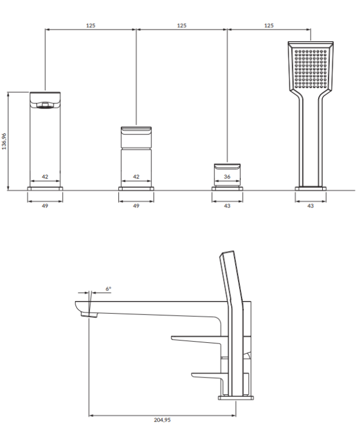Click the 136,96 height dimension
tap(4, 142)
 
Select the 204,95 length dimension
tap(162, 420)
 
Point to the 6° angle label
tap(108, 288)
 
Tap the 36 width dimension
tap(227, 177)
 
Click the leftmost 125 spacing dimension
tap(91, 26)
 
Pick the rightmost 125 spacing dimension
tap(269, 26)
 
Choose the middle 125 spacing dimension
tap(182, 26)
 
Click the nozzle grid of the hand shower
tap(310, 67)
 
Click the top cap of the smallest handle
tap(227, 166)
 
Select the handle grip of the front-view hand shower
tap(310, 139)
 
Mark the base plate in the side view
tap(236, 397)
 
